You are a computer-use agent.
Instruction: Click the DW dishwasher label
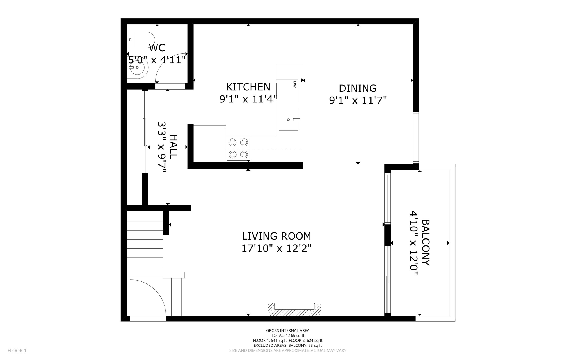pos(295,84)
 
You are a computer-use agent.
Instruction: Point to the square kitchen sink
pos(288,120)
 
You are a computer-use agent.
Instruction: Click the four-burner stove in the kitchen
pos(238,149)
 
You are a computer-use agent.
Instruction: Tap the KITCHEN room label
pos(248,87)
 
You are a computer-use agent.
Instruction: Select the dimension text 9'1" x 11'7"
pos(358,100)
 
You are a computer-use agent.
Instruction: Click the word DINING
pos(357,88)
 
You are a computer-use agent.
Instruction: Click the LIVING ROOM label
pos(276,236)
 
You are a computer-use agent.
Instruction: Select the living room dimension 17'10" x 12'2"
pos(276,249)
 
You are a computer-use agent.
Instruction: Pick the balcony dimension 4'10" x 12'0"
pos(413,242)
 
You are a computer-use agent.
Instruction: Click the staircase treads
pos(145,243)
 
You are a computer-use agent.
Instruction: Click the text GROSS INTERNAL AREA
pos(287,330)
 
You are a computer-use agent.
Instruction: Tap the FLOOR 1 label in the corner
pos(17,350)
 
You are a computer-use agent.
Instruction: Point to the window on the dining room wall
pos(415,138)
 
